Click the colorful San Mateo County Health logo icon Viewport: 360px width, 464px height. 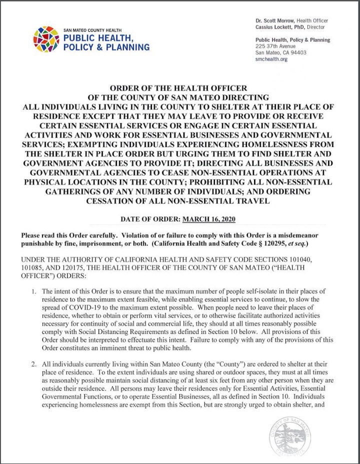pos(46,39)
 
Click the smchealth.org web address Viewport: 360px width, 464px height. pos(271,59)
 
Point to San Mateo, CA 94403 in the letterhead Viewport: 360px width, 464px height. pos(281,52)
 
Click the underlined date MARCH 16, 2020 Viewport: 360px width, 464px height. pos(208,219)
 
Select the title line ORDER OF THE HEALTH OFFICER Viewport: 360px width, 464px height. pos(178,88)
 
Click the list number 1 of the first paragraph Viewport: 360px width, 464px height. pos(33,291)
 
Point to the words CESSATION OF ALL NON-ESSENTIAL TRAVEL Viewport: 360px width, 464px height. pos(178,201)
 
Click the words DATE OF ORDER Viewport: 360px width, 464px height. pos(150,219)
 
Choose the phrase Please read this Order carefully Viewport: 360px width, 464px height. pos(67,235)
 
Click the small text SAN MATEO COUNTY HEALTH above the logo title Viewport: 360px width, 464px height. pos(92,30)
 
